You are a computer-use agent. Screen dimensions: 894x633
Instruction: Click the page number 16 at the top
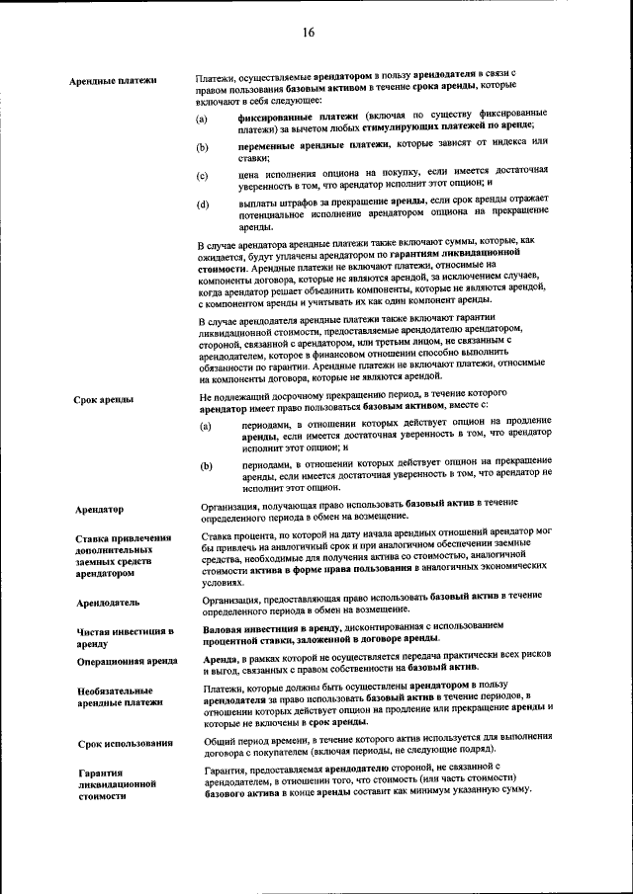[308, 33]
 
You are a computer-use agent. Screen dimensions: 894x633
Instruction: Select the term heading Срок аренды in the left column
[104, 400]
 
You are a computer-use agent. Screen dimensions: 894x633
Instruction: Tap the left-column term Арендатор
[100, 510]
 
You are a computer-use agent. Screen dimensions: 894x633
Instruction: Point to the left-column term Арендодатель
[108, 603]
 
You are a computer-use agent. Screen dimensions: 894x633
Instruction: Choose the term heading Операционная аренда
[127, 662]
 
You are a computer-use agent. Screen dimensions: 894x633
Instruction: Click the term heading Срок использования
[126, 743]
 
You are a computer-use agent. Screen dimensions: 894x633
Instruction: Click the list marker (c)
[203, 177]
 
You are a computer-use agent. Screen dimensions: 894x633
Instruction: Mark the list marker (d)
[203, 205]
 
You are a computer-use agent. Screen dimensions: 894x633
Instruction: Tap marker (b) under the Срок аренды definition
[207, 465]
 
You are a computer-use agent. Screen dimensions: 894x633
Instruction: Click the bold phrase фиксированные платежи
[285, 117]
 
